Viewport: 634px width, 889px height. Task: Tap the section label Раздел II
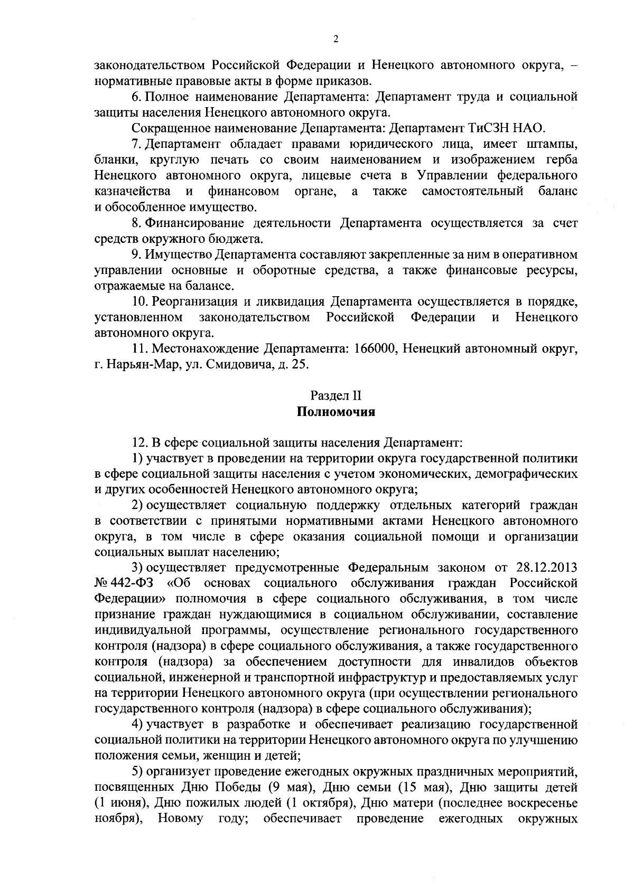tap(335, 395)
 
